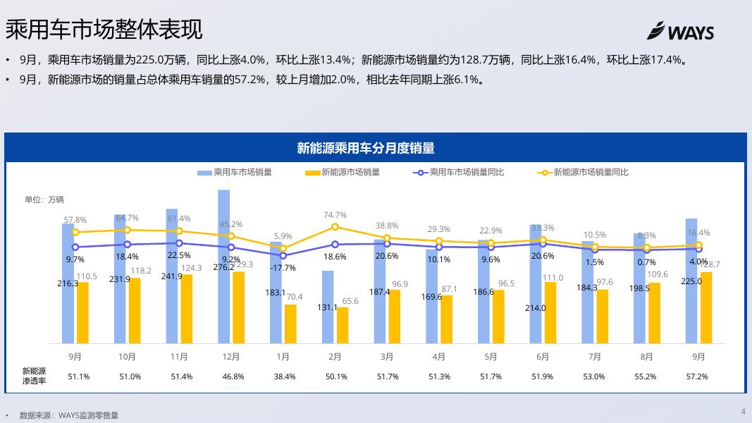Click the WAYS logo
[680, 32]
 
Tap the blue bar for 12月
[223, 268]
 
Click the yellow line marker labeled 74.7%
[335, 227]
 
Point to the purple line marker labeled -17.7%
[283, 255]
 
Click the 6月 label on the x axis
[543, 357]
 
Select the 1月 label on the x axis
[283, 357]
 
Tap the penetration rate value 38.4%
[285, 376]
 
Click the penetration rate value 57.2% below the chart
[696, 376]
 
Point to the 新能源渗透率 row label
[34, 376]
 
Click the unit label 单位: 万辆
[44, 200]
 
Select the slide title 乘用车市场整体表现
[104, 30]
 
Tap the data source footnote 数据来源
[68, 416]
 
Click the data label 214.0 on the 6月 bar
[535, 308]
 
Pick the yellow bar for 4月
[446, 319]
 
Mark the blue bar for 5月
[483, 292]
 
